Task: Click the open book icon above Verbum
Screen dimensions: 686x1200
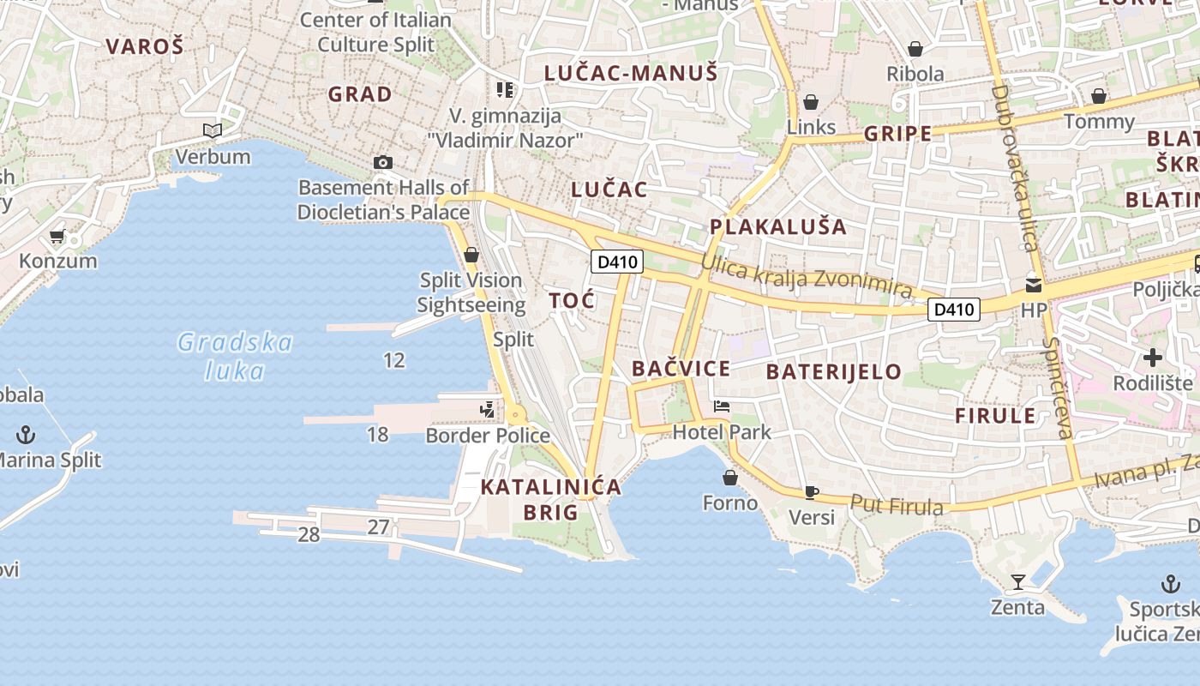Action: [x=212, y=130]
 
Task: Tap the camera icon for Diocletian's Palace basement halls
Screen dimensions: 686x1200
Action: [x=383, y=162]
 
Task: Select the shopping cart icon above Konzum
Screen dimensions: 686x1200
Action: [x=57, y=236]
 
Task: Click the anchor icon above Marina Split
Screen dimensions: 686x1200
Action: [x=26, y=434]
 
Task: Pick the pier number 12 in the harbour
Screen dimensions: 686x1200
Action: [x=394, y=360]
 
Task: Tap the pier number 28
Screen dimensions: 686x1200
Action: [x=309, y=535]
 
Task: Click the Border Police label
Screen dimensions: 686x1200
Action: [x=488, y=436]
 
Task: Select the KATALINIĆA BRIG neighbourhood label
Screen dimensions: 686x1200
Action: [x=550, y=499]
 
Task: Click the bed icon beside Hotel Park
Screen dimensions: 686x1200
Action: [x=722, y=406]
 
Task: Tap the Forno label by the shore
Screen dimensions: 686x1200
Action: [x=730, y=502]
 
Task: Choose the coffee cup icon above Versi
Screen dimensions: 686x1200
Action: [x=811, y=492]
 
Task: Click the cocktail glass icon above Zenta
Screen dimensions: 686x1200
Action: [x=1017, y=582]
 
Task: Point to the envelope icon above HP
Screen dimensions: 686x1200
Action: [x=1034, y=285]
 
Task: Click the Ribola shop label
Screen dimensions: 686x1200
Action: [x=915, y=74]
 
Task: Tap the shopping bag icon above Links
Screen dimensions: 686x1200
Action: [x=811, y=103]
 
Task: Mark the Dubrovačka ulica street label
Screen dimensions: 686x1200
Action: [x=1015, y=167]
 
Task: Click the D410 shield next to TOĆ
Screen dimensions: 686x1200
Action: [x=616, y=262]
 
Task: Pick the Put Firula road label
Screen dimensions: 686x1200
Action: [x=897, y=505]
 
